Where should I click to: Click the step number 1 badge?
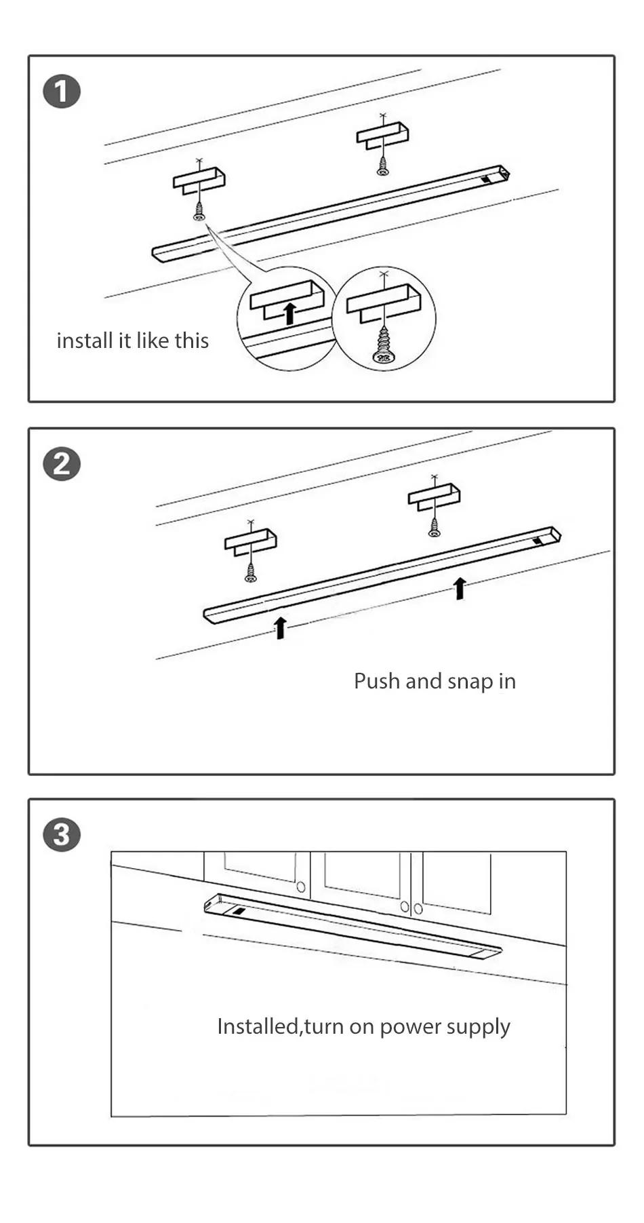[x=62, y=92]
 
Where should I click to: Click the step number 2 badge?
[x=62, y=465]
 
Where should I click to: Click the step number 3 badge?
[x=62, y=835]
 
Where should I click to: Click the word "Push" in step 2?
[x=376, y=681]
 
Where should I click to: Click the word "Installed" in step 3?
[x=257, y=1026]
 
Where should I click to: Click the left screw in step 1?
[x=199, y=212]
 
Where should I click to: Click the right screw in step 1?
[x=383, y=167]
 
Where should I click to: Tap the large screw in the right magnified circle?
[x=384, y=346]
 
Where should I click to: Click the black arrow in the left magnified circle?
[x=289, y=313]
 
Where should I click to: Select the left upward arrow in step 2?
[x=280, y=627]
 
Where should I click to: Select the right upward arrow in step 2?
[x=460, y=587]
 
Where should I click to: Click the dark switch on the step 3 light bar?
[x=239, y=911]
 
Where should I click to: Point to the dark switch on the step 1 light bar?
[x=487, y=180]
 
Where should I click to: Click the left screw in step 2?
[x=251, y=574]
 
